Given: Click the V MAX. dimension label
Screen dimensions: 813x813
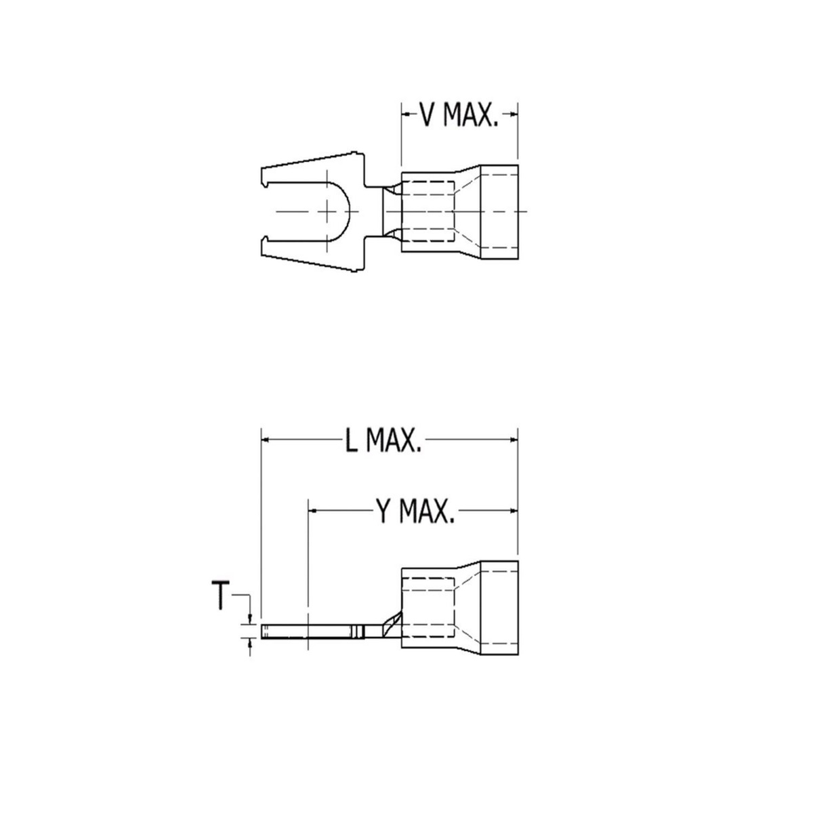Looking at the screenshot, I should click(459, 115).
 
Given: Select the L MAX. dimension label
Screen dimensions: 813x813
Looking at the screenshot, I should click(383, 442).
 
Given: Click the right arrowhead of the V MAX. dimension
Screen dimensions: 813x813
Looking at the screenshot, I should click(513, 114).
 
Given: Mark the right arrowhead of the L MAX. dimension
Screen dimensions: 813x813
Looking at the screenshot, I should click(513, 440).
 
